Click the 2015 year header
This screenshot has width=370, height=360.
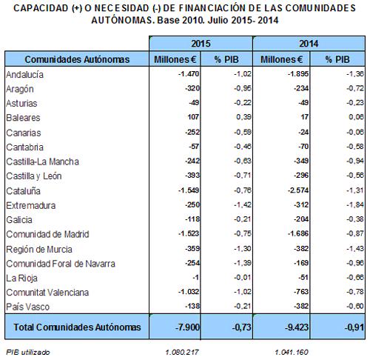tap(201, 44)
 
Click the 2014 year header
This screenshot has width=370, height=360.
tap(309, 44)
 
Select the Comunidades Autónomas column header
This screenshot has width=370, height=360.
tap(77, 59)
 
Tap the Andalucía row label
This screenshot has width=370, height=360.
tap(24, 75)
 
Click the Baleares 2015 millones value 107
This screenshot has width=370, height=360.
tap(193, 117)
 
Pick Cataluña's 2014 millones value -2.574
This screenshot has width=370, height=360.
tap(298, 190)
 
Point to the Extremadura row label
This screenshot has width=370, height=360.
tap(31, 205)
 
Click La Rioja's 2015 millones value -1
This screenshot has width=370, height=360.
tap(195, 278)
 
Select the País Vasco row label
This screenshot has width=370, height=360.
tap(28, 307)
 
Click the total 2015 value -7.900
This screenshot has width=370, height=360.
tap(187, 327)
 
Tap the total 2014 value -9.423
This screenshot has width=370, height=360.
tap(297, 327)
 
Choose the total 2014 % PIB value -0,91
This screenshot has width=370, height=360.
tap(354, 327)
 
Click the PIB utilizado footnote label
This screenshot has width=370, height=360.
tap(28, 352)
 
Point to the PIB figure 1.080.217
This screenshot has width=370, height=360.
tap(182, 352)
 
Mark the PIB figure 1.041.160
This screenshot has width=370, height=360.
tap(292, 352)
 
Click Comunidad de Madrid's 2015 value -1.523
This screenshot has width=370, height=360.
tap(189, 233)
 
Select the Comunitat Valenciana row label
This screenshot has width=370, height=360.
tap(47, 293)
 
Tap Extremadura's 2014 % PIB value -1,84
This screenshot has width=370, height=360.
tap(355, 204)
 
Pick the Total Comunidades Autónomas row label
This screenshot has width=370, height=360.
tap(77, 327)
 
